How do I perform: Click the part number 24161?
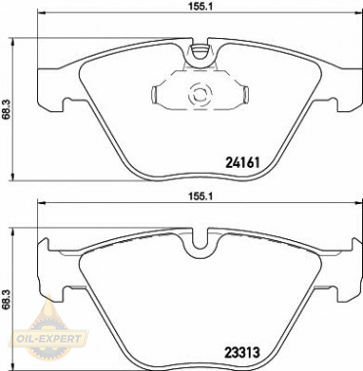[x=243, y=162]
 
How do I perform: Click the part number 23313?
[x=242, y=351]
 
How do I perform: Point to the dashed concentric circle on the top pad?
[x=198, y=96]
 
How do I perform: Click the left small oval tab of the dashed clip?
[x=154, y=95]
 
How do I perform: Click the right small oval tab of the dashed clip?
[x=246, y=95]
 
